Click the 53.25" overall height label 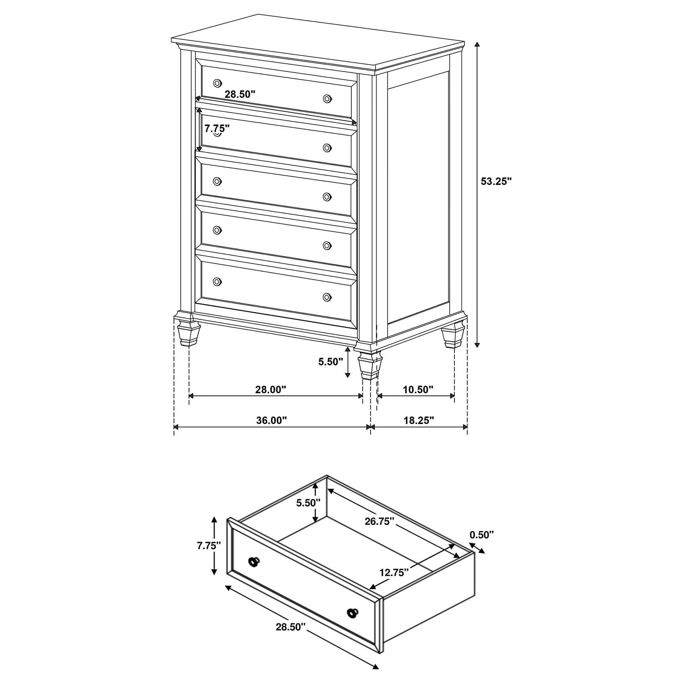pos(496,181)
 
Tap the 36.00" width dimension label pos(272,420)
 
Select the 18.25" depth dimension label pos(419,420)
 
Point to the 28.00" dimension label pos(271,390)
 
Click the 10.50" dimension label pos(418,390)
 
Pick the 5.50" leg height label pos(331,362)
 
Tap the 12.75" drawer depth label pos(394,572)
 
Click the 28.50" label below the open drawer pos(291,627)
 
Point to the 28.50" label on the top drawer pos(240,94)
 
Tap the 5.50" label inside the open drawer pos(308,503)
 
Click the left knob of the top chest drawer pos(217,84)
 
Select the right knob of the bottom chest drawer pos(327,297)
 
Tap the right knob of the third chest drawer pos(327,197)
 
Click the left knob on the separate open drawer pos(254,562)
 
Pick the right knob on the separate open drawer pos(352,613)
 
